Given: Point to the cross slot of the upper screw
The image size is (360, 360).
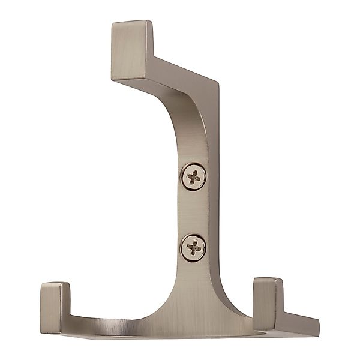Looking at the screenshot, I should coord(194,176).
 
